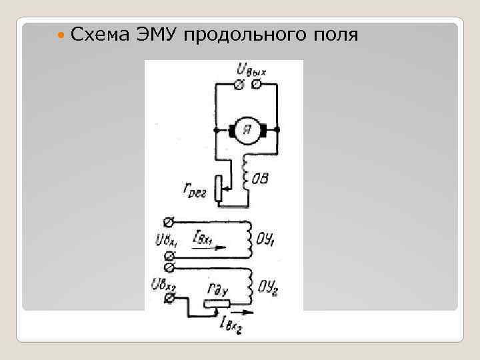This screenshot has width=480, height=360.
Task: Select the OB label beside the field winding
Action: point(261,178)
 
